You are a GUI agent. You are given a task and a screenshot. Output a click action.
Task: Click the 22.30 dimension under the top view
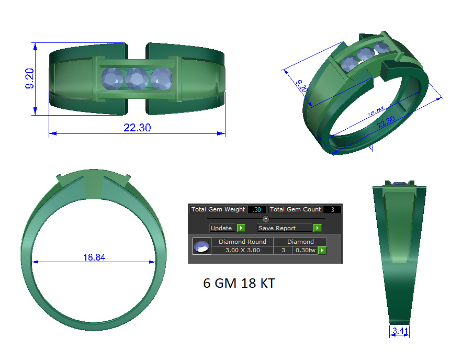coord(137,127)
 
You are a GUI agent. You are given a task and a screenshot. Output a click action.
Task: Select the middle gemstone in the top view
coord(137,79)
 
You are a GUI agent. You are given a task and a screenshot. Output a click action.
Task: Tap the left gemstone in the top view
coord(111,80)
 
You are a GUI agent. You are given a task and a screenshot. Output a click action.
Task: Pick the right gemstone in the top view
coord(162,79)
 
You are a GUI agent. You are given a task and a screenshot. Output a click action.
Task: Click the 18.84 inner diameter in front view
coord(95,257)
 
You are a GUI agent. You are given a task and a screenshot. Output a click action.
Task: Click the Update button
coord(221,228)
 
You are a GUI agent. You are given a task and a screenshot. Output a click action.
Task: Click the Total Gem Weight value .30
coord(257,209)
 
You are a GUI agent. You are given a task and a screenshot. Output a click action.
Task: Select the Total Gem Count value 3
coord(332,209)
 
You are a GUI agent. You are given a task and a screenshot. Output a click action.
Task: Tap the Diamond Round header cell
coord(242,242)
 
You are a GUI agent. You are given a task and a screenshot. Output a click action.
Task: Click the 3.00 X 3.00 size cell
coord(242,251)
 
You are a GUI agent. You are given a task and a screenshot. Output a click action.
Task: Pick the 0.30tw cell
coord(305,251)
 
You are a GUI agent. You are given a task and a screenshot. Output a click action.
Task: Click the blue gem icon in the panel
coord(201,246)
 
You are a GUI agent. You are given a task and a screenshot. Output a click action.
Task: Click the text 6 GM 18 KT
coord(239,284)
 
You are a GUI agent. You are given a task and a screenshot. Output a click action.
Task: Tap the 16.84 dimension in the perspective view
coord(376,112)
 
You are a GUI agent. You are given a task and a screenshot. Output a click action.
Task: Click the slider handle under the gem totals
coord(265,219)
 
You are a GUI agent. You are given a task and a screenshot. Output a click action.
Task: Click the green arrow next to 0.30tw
coord(322,251)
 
